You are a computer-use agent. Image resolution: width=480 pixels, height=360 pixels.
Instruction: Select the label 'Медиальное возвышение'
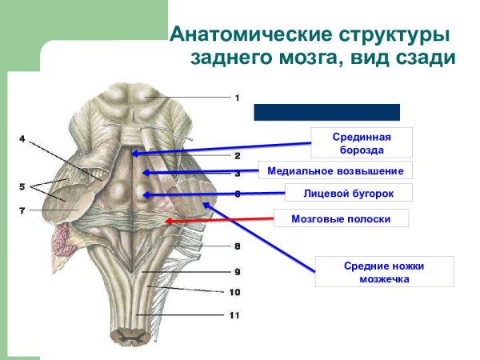pyautogui.click(x=336, y=170)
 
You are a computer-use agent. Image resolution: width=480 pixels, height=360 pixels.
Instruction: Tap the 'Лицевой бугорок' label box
pyautogui.click(x=348, y=193)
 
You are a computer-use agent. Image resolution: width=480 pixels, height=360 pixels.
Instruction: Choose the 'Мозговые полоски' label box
pyautogui.click(x=341, y=218)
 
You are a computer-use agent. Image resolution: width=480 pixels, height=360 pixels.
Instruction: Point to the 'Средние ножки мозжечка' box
pyautogui.click(x=384, y=272)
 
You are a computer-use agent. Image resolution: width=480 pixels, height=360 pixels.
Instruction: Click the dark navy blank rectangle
pyautogui.click(x=326, y=112)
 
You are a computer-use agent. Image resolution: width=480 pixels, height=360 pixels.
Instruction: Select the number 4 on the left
pyautogui.click(x=22, y=139)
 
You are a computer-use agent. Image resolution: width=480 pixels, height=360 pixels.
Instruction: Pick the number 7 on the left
pyautogui.click(x=22, y=210)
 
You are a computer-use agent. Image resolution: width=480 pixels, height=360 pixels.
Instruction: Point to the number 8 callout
pyautogui.click(x=237, y=246)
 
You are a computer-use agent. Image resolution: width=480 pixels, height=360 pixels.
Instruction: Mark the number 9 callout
pyautogui.click(x=237, y=271)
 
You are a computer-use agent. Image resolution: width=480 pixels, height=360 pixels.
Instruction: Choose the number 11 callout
pyautogui.click(x=234, y=315)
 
